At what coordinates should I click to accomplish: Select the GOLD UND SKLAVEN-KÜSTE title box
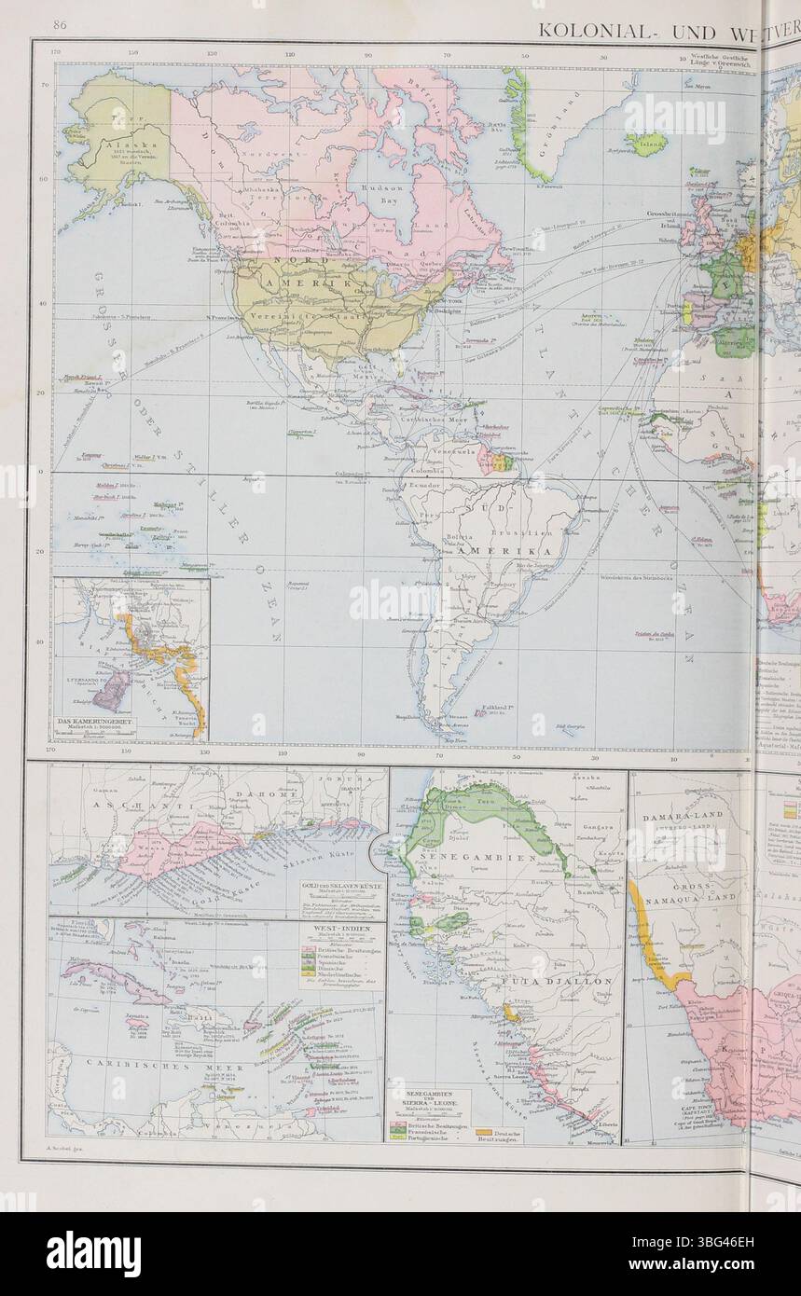tap(339, 887)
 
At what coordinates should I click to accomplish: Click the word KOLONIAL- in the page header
tap(603, 28)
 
